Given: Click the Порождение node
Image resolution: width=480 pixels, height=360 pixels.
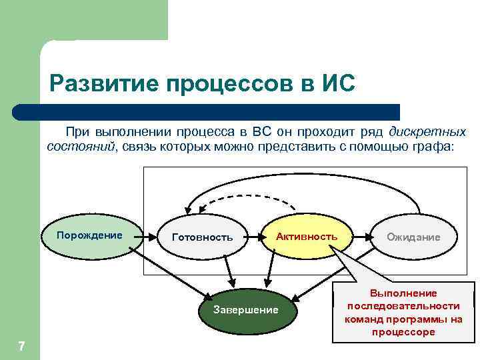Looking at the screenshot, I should coord(90,236).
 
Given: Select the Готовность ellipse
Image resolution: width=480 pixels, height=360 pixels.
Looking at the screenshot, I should coord(202,237).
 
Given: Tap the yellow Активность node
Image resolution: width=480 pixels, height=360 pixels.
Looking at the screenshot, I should coord(307,237).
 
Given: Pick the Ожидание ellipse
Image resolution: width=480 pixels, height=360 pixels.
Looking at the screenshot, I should coord(413,237).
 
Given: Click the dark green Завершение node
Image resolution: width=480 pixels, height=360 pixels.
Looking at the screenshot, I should coord(245,311).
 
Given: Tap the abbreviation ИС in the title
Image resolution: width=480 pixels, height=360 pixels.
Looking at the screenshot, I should coord(335,85).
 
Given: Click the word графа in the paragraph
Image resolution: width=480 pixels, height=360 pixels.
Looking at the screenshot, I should coord(433,146).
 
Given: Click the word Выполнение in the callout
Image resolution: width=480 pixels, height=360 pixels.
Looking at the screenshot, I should coord(403,293).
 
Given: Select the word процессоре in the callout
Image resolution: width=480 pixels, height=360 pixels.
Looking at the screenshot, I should coord(403,331).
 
